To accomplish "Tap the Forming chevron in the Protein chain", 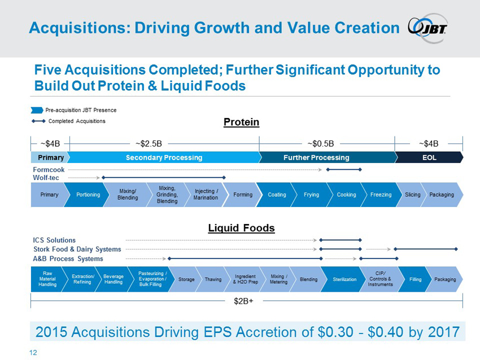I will pos(242,195).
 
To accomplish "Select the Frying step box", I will pos(311,195).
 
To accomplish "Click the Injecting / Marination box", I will pos(206,195).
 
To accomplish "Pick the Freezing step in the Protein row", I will pos(381,195).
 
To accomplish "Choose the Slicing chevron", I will pos(412,195).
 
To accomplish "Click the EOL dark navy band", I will pos(429,157).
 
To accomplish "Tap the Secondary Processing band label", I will pos(164,157).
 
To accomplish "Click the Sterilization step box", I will pos(344,279).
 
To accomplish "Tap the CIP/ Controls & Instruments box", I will pos(379,279).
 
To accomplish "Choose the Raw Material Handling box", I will pos(47,279).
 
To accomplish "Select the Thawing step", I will pos(213,279).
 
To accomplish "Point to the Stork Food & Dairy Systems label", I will pos(77,249).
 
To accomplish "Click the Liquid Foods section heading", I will pos(241,228).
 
